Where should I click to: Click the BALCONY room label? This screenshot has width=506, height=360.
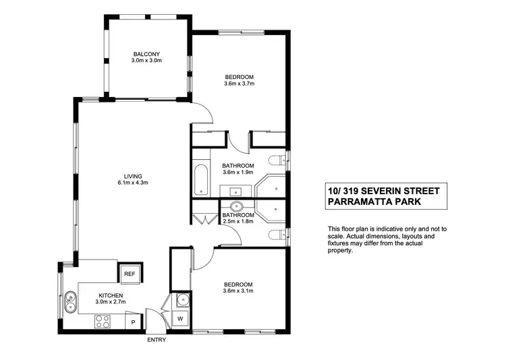pos(146,54)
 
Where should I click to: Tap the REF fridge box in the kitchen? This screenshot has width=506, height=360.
pos(129,274)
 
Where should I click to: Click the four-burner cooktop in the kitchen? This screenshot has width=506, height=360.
pos(103,322)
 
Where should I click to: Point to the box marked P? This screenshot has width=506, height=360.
pos(133,323)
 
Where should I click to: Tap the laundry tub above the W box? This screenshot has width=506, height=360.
pos(180,301)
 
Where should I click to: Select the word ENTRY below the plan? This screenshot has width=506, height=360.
pos(156,340)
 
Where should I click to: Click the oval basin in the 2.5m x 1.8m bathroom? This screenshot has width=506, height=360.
pos(237,207)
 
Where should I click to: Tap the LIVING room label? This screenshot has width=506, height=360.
pos(132,176)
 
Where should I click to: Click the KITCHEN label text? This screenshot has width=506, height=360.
pos(110,296)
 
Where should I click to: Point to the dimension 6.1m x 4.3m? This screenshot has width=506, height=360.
pos(132,183)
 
